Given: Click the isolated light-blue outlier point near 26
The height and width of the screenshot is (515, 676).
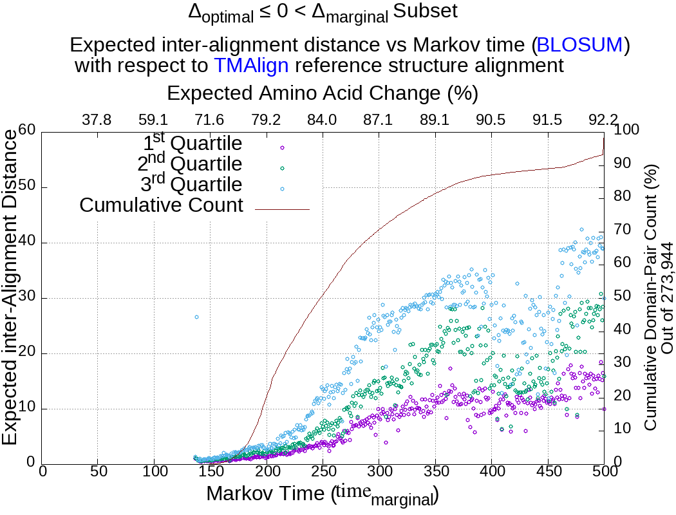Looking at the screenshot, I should (196, 317).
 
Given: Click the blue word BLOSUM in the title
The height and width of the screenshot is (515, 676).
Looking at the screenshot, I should (579, 45).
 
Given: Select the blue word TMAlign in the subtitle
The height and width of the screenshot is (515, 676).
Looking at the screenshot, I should (251, 65).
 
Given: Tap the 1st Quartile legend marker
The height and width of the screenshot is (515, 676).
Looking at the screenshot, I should (282, 147).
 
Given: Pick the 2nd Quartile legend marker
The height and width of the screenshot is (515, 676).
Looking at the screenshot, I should (282, 168).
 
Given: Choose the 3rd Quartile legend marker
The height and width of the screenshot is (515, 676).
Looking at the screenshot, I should (282, 189).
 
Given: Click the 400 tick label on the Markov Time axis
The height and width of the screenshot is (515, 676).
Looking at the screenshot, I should (491, 472).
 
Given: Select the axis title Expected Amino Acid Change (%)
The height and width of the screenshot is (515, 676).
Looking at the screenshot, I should (322, 93).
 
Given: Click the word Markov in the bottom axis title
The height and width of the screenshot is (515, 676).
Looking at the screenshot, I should (238, 494).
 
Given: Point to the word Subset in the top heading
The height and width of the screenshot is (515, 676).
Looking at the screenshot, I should (426, 11).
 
